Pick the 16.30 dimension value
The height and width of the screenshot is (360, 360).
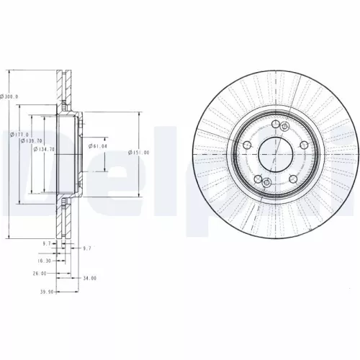coord(45,261)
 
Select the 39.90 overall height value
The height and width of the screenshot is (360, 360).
coord(45,292)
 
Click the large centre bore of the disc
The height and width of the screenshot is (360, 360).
coord(274,153)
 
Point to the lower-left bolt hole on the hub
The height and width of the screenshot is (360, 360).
coord(257,176)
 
